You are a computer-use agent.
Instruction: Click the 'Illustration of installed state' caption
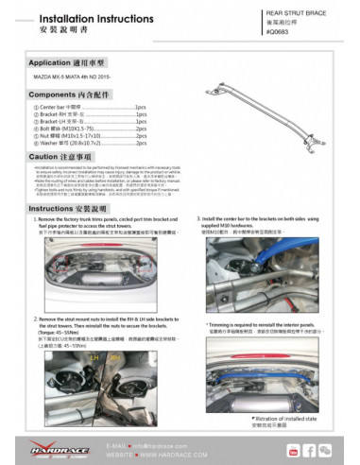(x=287, y=417)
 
